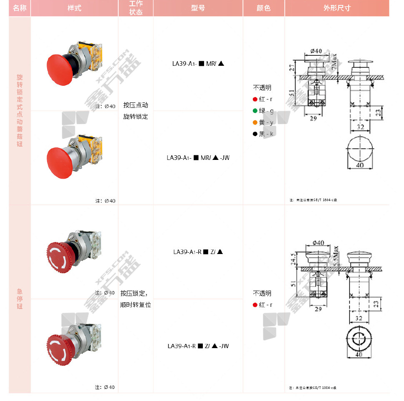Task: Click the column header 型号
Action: [x=198, y=8]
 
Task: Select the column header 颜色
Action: [x=264, y=8]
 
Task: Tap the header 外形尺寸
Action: [x=337, y=8]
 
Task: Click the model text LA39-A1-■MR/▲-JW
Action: [x=198, y=158]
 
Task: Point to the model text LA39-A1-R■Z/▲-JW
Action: [x=198, y=346]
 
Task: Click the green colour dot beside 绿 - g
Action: [x=255, y=111]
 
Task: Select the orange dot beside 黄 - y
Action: [x=255, y=122]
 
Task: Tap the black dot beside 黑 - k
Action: [x=255, y=134]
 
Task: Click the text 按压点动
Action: [x=135, y=105]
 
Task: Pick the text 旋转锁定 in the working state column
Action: [x=135, y=117]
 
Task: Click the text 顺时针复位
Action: [x=135, y=305]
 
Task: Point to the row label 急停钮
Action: [x=20, y=299]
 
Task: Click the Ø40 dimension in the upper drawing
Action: [x=316, y=51]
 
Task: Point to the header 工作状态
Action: [x=136, y=8]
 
